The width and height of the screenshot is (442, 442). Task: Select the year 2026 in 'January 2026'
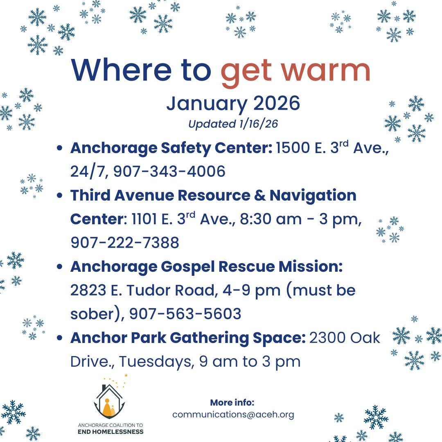click(277, 104)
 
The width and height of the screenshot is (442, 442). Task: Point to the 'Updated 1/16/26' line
click(233, 124)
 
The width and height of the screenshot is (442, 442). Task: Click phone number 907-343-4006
click(169, 171)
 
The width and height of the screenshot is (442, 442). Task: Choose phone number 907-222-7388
click(125, 243)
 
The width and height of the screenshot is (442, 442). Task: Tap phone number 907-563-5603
click(185, 314)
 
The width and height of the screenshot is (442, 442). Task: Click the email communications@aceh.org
click(233, 415)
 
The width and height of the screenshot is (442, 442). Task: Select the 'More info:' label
click(232, 402)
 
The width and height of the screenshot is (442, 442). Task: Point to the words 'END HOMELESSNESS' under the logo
click(110, 432)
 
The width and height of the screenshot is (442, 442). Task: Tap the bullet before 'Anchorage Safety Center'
click(60, 149)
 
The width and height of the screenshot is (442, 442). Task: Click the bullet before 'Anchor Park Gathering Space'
click(60, 338)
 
